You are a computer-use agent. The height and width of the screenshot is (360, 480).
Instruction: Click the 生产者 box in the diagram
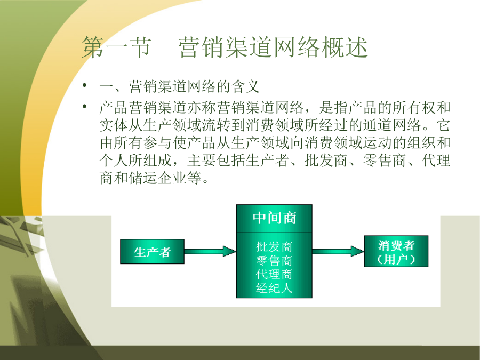(x=152, y=252)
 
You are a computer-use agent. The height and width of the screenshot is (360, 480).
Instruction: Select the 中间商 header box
(x=274, y=219)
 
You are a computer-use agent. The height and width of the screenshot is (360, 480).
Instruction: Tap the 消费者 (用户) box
(x=396, y=251)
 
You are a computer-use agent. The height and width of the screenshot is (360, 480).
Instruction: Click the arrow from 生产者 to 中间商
(x=210, y=251)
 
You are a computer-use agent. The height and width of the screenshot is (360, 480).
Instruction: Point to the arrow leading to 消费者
(x=338, y=251)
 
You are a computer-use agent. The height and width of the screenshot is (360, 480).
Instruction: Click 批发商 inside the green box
(x=274, y=246)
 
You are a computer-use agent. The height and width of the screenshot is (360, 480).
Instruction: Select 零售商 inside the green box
(x=274, y=260)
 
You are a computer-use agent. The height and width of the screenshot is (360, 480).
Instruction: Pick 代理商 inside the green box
(x=274, y=274)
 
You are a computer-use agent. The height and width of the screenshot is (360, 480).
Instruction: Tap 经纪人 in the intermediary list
(x=274, y=288)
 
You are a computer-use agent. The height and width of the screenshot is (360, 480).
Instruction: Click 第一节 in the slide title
(x=117, y=47)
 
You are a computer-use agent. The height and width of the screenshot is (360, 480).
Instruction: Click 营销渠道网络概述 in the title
(x=273, y=47)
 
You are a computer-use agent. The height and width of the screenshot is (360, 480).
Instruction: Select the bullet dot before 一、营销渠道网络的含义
(x=84, y=85)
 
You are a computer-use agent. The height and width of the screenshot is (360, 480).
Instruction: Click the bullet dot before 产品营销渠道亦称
(x=84, y=107)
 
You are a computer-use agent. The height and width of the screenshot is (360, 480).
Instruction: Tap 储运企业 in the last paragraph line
(x=158, y=178)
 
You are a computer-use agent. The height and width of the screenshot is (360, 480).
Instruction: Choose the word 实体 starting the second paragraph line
(x=114, y=125)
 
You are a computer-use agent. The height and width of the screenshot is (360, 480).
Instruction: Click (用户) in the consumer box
(x=396, y=260)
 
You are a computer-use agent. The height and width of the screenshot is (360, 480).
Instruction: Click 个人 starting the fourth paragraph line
(x=114, y=160)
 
